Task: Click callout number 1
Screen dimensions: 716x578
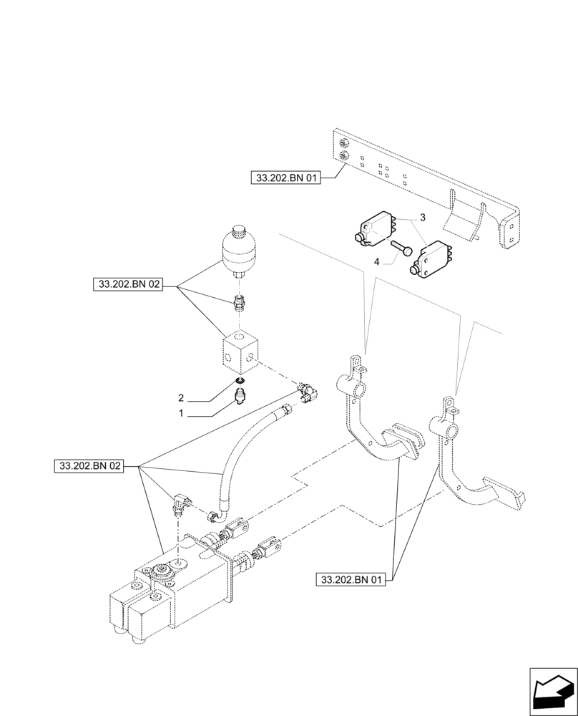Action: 182,414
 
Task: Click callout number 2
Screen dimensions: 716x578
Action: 182,397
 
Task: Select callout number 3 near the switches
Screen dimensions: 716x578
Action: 423,217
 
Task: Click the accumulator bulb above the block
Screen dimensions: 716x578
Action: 239,251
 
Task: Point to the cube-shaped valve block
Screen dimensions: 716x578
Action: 240,352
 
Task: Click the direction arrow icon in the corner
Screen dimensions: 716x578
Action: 552,690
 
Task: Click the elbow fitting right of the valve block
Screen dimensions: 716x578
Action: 308,391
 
